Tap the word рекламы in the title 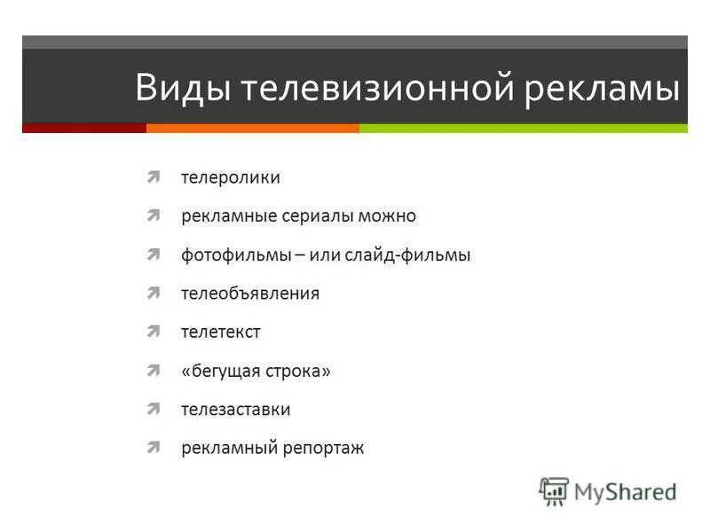603,90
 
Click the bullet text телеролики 231,177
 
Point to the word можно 389,216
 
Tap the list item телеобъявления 250,293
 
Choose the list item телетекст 221,332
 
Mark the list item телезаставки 236,410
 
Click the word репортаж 323,449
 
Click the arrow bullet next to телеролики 154,176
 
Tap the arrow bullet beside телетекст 154,332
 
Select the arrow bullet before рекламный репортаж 154,448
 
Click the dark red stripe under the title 84,129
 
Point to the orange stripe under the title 253,129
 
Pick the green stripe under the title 524,129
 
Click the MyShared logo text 625,490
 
